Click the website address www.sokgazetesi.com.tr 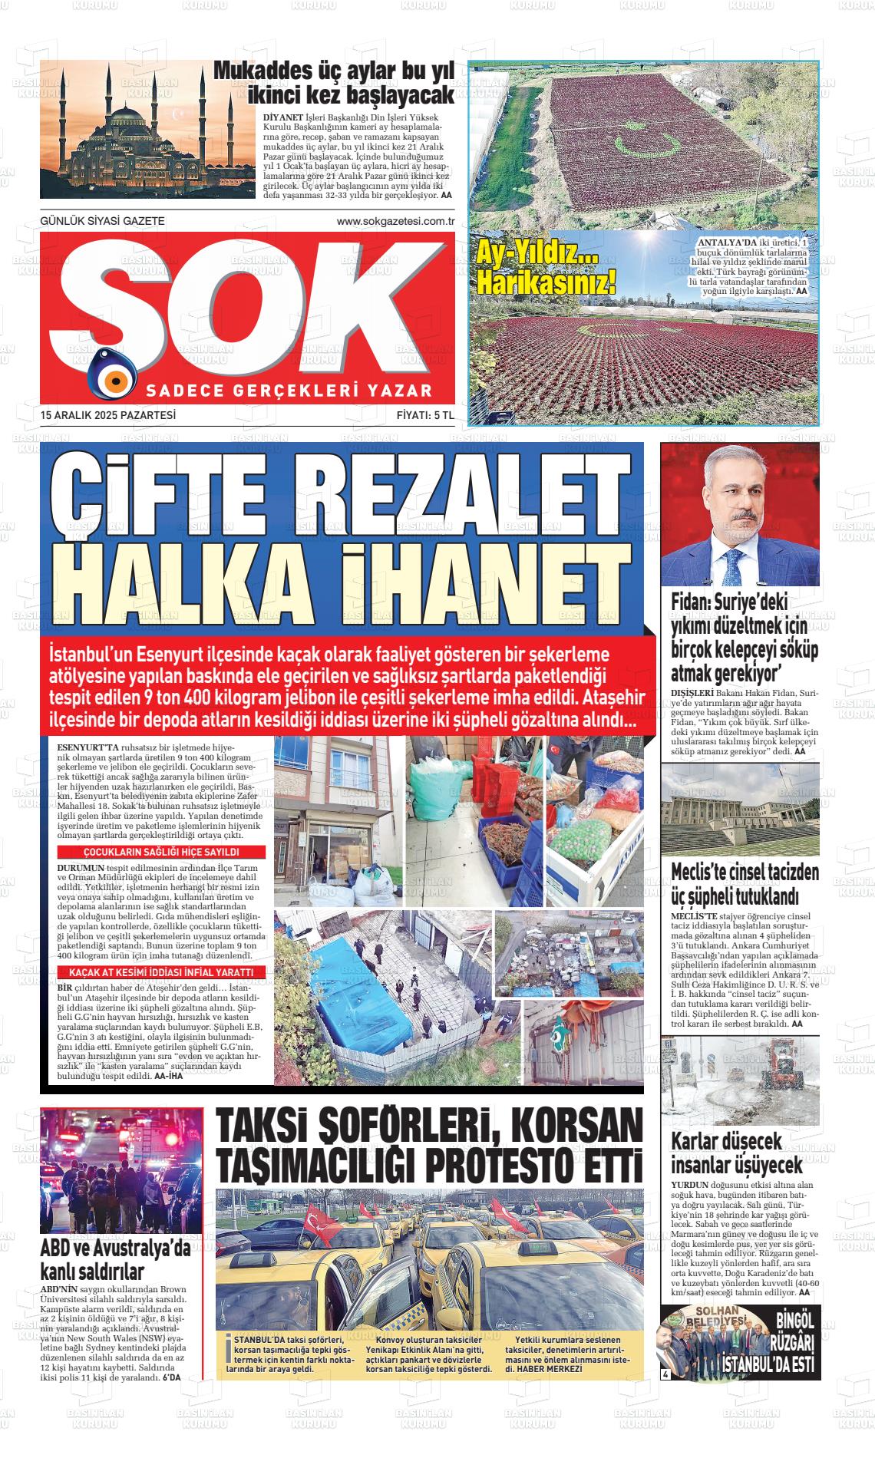pyautogui.click(x=396, y=222)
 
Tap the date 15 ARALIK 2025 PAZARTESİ pyautogui.click(x=108, y=415)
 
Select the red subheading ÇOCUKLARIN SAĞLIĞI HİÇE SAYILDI pyautogui.click(x=162, y=853)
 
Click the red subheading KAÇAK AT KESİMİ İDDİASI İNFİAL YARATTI pyautogui.click(x=162, y=973)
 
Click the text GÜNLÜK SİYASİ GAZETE pyautogui.click(x=102, y=222)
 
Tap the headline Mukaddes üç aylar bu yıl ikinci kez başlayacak pyautogui.click(x=333, y=83)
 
